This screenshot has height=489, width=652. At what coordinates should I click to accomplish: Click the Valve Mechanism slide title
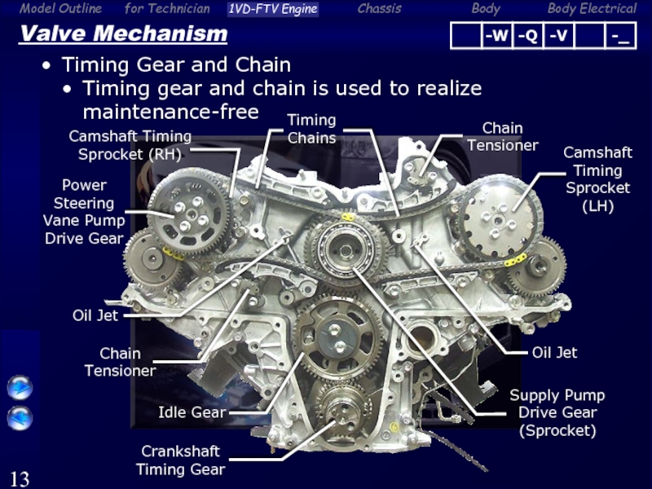124,33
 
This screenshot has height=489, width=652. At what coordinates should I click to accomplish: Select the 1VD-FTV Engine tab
273,9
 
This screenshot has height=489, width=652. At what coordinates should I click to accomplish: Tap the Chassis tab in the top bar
379,8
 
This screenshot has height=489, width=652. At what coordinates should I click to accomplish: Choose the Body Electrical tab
592,8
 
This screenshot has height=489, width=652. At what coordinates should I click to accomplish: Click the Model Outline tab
60,8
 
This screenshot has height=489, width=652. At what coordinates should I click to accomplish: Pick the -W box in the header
496,36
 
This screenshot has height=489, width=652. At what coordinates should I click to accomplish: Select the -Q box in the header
527,36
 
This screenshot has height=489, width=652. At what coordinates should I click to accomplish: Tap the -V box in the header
558,36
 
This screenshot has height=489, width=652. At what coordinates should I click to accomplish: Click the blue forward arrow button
20,388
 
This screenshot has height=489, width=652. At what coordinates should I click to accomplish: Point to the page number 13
20,478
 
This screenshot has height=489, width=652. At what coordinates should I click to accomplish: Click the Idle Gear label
192,412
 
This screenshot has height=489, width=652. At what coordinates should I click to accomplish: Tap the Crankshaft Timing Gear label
180,460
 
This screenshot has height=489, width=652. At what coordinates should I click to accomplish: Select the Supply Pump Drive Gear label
557,412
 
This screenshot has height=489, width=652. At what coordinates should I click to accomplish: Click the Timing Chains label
311,129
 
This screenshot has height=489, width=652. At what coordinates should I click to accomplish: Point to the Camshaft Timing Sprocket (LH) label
597,179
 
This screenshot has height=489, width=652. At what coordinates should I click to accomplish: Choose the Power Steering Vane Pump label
84,212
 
